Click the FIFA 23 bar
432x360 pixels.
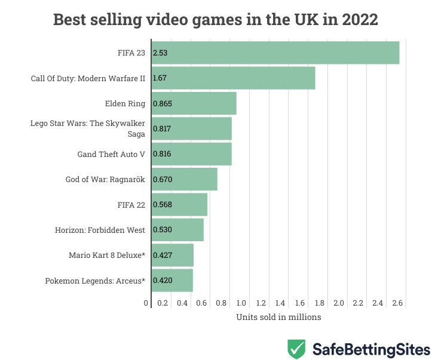pyautogui.click(x=275, y=53)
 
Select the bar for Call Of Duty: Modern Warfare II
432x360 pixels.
pyautogui.click(x=233, y=78)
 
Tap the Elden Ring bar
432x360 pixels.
pyautogui.click(x=194, y=103)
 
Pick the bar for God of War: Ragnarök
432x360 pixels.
pyautogui.click(x=184, y=179)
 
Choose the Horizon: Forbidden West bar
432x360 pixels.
pyautogui.click(x=177, y=230)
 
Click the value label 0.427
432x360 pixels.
pyautogui.click(x=162, y=255)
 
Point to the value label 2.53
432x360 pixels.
pyautogui.click(x=160, y=53)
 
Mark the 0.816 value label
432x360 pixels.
pyautogui.click(x=162, y=154)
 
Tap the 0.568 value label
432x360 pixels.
pyautogui.click(x=162, y=205)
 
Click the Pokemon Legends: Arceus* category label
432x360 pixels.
pyautogui.click(x=95, y=281)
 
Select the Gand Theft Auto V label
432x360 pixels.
pyautogui.click(x=111, y=154)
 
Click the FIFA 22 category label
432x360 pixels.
pyautogui.click(x=131, y=205)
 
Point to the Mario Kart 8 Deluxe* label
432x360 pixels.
pyautogui.click(x=107, y=256)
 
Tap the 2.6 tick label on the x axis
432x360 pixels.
pyautogui.click(x=397, y=303)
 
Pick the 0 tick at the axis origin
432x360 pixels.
pyautogui.click(x=146, y=303)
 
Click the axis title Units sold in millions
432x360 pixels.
pyautogui.click(x=278, y=317)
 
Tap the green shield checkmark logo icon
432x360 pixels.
pyautogui.click(x=297, y=348)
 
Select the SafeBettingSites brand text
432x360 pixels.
pyautogui.click(x=370, y=348)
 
